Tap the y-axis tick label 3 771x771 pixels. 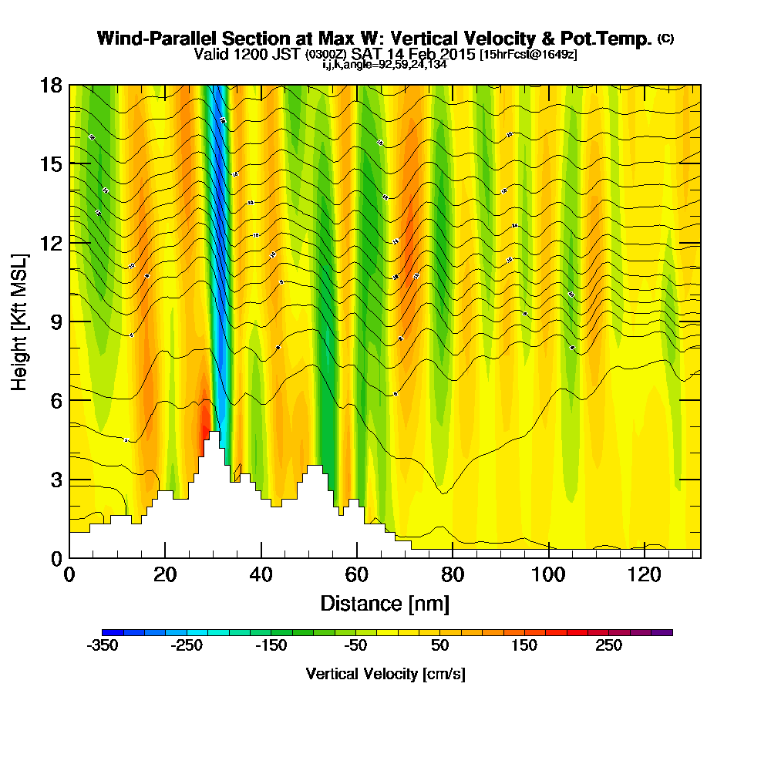tap(56, 480)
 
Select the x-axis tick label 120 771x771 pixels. tap(644, 574)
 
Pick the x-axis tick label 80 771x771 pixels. tap(452, 574)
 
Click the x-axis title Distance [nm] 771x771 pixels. tap(385, 603)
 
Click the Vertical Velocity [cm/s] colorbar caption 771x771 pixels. tap(385, 674)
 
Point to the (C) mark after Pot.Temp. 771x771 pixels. tap(665, 39)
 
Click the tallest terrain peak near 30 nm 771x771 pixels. tap(214, 436)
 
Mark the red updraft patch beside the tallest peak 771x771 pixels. tap(205, 420)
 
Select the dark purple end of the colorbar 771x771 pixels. tap(665, 632)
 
